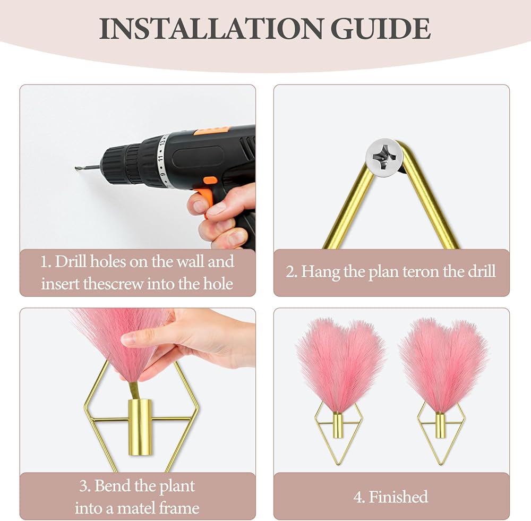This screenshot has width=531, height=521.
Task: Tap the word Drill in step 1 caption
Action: coord(70,261)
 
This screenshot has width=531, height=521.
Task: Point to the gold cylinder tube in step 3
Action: coord(140,427)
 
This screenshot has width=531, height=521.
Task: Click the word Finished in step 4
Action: coord(398,497)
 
